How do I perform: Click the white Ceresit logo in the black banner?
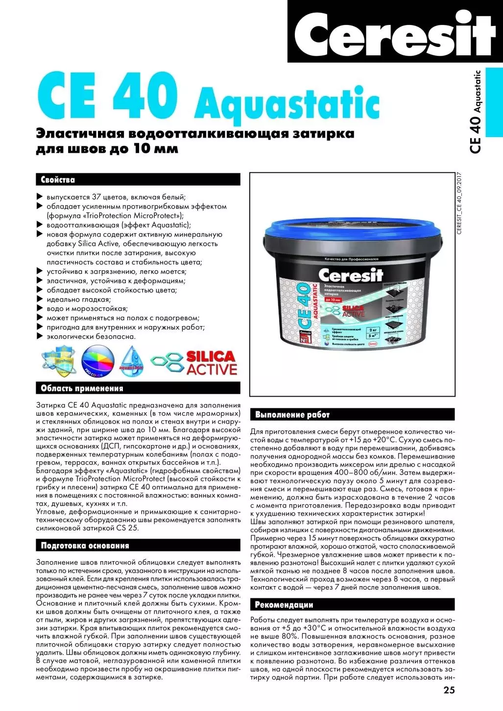(x=394, y=33)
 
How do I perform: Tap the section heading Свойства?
(x=58, y=180)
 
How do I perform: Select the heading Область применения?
(x=82, y=388)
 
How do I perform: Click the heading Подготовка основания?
(x=85, y=545)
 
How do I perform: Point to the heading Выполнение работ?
(x=292, y=415)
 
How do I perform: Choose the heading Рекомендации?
(x=284, y=605)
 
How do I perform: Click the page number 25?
(x=449, y=690)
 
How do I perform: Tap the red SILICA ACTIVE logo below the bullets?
(x=211, y=363)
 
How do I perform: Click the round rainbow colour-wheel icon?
(x=97, y=362)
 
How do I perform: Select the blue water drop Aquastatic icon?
(x=131, y=361)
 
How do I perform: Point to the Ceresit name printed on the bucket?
(x=350, y=275)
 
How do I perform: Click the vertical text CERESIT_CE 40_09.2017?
(x=459, y=204)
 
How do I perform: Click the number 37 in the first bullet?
(x=97, y=197)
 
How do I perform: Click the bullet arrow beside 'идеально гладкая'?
(x=40, y=299)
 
